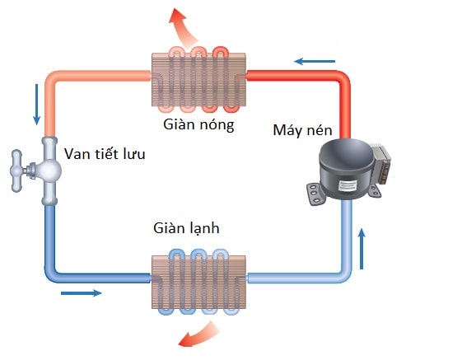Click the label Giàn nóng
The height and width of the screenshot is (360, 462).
click(198, 125)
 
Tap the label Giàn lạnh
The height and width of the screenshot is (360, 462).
click(185, 228)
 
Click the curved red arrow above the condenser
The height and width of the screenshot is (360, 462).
click(184, 25)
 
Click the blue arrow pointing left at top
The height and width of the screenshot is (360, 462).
click(315, 61)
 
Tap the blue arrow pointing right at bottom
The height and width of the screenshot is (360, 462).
click(82, 292)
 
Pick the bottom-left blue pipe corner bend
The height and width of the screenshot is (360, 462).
click(51, 275)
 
